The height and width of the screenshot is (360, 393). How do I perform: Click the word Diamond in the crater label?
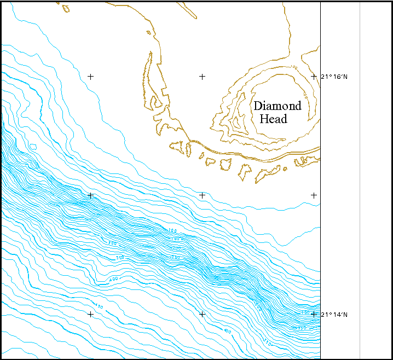tap(277, 106)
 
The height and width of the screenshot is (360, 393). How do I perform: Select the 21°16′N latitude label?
tap(334, 77)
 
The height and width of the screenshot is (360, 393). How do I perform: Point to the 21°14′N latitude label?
tap(334, 315)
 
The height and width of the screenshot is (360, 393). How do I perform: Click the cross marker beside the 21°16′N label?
tap(314, 77)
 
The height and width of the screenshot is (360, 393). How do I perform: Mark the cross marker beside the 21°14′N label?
tap(314, 314)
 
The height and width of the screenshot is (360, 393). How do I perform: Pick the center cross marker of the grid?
tap(202, 195)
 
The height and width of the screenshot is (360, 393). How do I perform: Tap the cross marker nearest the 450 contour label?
tap(90, 314)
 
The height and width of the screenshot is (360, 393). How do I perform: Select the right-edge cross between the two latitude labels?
tap(314, 195)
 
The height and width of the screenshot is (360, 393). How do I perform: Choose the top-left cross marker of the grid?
tap(90, 77)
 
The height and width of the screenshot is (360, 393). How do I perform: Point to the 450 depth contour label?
tap(99, 306)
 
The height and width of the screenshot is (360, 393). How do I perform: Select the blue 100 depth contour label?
tap(173, 231)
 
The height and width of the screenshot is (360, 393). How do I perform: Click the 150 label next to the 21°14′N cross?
tap(304, 312)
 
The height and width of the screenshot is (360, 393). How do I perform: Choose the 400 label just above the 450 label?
tap(113, 280)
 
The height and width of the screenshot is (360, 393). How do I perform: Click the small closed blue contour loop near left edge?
tap(33, 147)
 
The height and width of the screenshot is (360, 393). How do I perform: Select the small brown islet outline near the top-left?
tap(66, 8)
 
